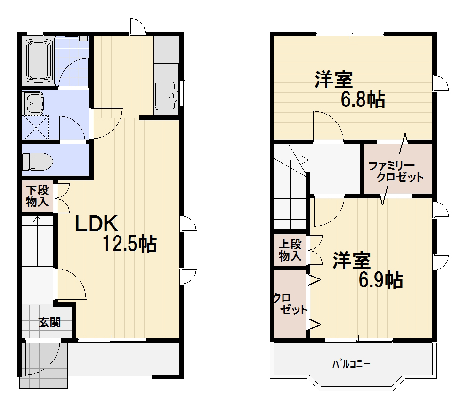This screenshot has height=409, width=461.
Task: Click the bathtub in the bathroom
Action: (x=38, y=60)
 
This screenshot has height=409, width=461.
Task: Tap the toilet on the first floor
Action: (x=37, y=161)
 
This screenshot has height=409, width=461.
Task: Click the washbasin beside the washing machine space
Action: (x=33, y=103)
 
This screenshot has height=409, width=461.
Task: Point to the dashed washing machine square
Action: (x=36, y=128)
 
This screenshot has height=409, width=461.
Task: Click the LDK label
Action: (x=97, y=224)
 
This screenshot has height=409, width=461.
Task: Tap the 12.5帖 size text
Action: (x=129, y=243)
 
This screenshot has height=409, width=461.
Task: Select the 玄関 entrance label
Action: (x=50, y=322)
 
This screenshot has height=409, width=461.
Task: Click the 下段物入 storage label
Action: (x=37, y=196)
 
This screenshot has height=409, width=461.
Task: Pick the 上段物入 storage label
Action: (x=290, y=250)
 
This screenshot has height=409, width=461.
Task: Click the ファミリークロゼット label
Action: (x=396, y=172)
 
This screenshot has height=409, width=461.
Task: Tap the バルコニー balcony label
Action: (x=351, y=364)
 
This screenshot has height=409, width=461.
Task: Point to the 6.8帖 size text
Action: (x=363, y=99)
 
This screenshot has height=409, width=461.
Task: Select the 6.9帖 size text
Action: (x=381, y=279)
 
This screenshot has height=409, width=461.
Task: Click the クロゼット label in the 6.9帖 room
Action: (x=290, y=304)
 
